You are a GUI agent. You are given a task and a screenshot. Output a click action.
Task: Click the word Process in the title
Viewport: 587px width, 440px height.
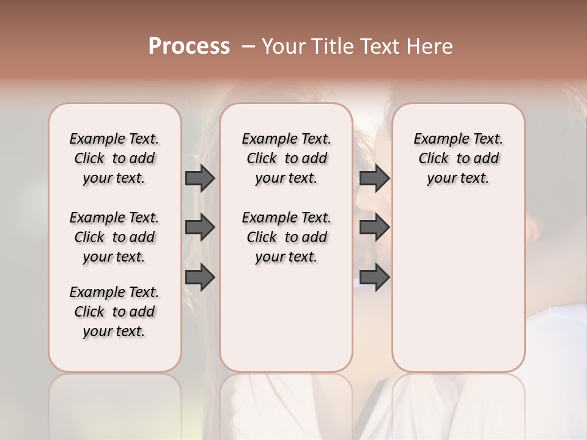[x=189, y=46]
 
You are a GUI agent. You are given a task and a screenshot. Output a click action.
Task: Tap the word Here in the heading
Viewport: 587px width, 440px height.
[x=430, y=46]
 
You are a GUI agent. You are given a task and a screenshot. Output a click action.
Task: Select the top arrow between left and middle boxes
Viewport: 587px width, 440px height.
[x=200, y=178]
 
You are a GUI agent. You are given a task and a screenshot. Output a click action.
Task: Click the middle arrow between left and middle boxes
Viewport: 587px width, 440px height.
[x=200, y=227]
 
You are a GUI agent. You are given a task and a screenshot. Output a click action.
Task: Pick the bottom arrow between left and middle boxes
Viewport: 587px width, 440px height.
[x=200, y=277]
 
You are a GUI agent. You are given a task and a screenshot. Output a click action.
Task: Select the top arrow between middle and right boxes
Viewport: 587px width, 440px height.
[x=374, y=178]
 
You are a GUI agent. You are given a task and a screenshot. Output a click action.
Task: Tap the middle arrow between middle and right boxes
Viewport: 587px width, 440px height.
[x=374, y=227]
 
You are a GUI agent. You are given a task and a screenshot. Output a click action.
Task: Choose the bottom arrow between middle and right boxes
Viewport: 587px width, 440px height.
[x=374, y=277]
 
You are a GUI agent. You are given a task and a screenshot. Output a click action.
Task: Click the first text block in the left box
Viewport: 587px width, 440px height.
[x=114, y=158]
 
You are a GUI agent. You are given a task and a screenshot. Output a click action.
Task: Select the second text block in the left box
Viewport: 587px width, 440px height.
[x=114, y=237]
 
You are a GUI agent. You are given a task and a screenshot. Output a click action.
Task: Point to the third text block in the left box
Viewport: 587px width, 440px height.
[x=114, y=312]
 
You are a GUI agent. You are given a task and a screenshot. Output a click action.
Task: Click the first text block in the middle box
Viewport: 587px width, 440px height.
[x=286, y=158]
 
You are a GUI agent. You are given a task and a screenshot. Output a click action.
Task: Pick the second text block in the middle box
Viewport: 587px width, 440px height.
[x=286, y=237]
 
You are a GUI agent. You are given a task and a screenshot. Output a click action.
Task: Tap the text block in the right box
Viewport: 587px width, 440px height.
[x=459, y=158]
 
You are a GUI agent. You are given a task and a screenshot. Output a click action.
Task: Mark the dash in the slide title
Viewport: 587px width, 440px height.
[x=248, y=46]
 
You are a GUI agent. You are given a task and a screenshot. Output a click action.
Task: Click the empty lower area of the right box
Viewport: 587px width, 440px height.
[x=459, y=287]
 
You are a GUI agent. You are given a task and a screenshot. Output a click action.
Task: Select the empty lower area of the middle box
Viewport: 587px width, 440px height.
[x=286, y=318]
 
